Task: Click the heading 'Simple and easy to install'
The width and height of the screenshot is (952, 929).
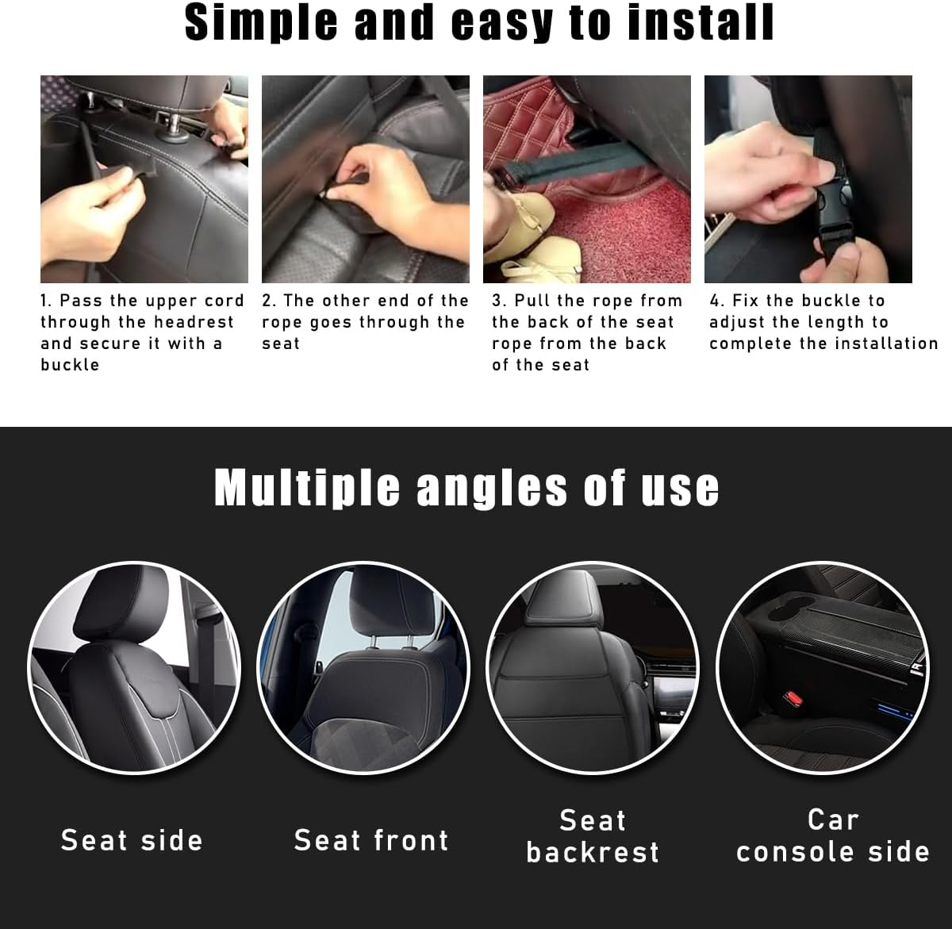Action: point(479,23)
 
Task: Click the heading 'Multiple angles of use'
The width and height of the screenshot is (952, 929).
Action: point(466,488)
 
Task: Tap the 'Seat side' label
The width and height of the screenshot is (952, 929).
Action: point(132,840)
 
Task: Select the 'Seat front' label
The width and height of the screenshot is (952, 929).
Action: point(371,840)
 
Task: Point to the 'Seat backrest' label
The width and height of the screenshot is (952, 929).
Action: point(593,836)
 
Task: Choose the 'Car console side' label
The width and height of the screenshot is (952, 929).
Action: point(832,836)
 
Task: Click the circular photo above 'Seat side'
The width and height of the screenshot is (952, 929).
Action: point(133,667)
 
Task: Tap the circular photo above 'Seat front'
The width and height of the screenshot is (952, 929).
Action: point(364,667)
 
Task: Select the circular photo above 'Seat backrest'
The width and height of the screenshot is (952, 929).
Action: point(593,667)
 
